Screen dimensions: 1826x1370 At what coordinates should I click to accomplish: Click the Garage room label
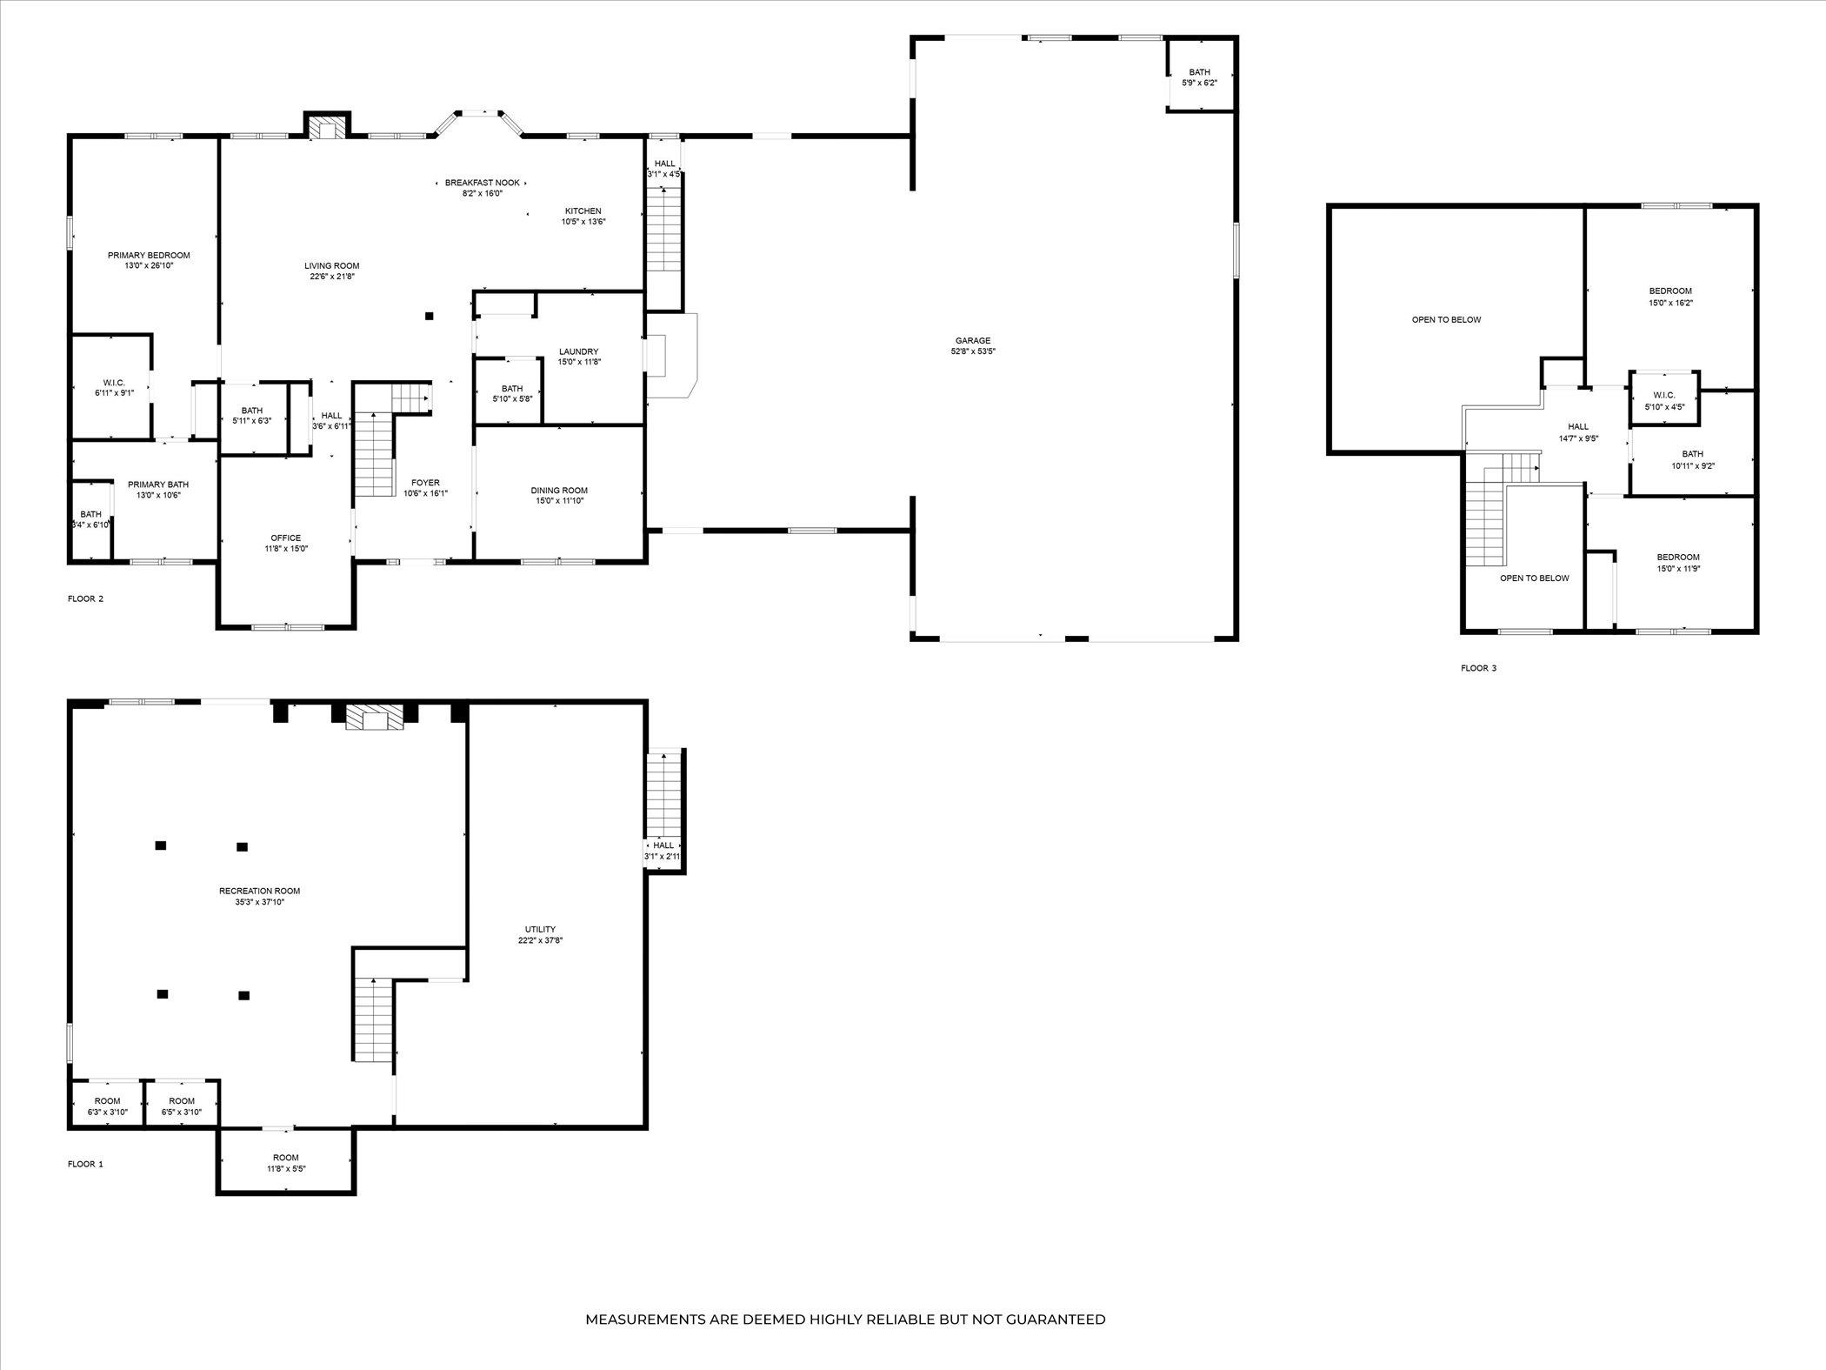click(x=973, y=341)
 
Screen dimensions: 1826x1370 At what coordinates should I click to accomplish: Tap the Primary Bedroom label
click(x=149, y=256)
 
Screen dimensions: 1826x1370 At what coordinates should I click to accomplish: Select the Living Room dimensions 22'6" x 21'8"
click(x=331, y=277)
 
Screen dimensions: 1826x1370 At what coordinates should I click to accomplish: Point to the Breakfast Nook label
click(x=483, y=183)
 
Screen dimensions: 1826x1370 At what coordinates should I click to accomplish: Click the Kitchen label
click(x=583, y=211)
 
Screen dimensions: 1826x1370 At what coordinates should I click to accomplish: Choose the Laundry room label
click(x=578, y=351)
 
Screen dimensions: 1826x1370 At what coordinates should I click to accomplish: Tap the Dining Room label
click(x=559, y=491)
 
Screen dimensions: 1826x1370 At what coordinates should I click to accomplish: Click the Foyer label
click(x=425, y=483)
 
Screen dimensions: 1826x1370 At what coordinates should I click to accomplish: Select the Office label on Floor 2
click(x=286, y=538)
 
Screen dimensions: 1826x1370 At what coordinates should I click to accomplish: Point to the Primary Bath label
click(x=158, y=485)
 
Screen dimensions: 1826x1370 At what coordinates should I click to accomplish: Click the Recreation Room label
click(x=259, y=891)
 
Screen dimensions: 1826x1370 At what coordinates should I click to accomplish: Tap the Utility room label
click(x=540, y=929)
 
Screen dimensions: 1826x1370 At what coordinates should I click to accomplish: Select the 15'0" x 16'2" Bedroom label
click(x=1670, y=291)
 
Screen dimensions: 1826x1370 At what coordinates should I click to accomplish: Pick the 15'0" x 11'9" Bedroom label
click(x=1677, y=558)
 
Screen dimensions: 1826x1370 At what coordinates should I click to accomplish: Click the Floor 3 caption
click(x=1478, y=668)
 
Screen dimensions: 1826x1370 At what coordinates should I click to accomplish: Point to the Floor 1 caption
click(x=85, y=1164)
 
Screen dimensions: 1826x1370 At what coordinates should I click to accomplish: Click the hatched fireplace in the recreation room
click(x=375, y=718)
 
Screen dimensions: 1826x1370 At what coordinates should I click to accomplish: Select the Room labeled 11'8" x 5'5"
click(x=285, y=1158)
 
